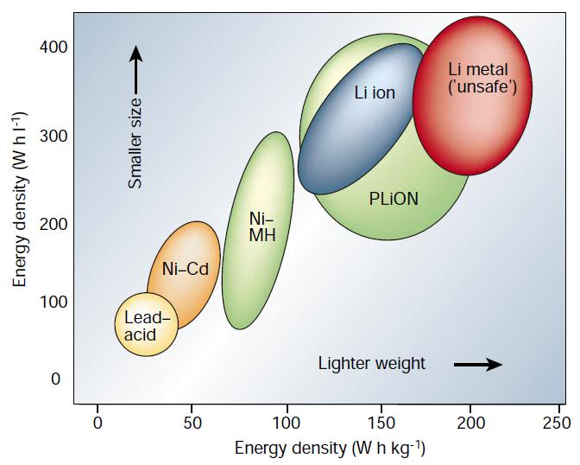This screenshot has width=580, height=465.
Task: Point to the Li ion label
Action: coord(375,92)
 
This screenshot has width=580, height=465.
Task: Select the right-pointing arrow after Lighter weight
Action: coord(477,364)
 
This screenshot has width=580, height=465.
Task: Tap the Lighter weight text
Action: coord(372,363)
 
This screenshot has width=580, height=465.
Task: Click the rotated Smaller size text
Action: coord(136,143)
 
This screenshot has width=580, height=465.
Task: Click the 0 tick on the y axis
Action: coord(55,379)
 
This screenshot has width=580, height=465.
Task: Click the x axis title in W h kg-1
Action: coord(329,449)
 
